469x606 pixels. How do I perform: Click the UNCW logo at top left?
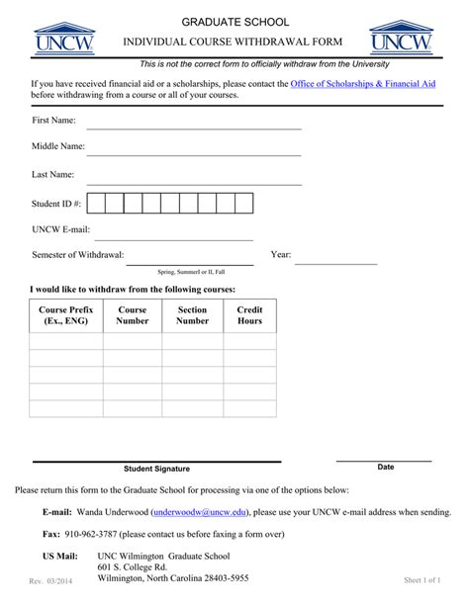[x=64, y=38]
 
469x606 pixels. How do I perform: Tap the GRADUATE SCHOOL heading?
[x=234, y=22]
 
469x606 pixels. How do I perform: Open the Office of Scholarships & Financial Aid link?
[x=363, y=85]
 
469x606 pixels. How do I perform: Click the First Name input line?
[x=194, y=127]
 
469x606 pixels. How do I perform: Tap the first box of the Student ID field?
[x=96, y=204]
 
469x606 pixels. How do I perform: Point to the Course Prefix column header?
[x=66, y=315]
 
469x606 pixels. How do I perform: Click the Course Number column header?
[x=133, y=315]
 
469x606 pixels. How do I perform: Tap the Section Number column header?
[x=192, y=315]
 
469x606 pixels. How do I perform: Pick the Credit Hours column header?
[x=249, y=315]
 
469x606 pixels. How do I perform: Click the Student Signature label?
[x=156, y=469]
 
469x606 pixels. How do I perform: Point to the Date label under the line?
[x=386, y=467]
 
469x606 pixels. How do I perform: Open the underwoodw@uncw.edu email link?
[x=202, y=513]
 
